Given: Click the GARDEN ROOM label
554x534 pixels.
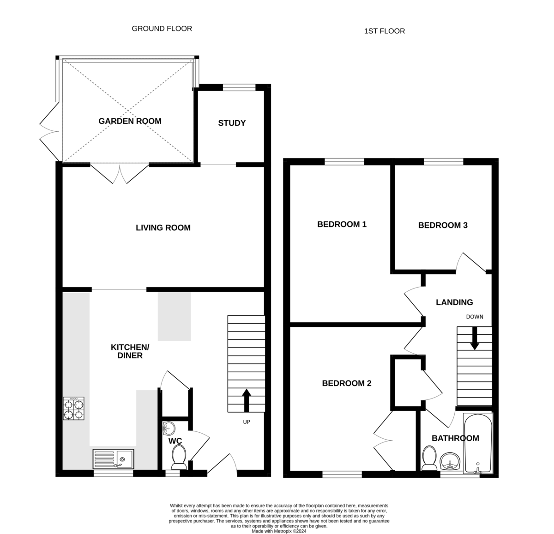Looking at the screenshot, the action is point(130,121).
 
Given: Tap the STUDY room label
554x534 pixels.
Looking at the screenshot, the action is point(232,123).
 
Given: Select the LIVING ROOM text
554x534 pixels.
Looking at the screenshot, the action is point(163,227).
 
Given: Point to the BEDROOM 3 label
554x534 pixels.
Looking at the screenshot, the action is point(443,225).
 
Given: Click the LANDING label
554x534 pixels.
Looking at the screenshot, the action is point(454,302).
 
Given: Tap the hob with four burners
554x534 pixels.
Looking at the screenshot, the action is point(74,408).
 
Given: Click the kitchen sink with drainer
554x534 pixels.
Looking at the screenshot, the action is point(113,459).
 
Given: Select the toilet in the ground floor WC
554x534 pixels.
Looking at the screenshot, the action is point(179,457).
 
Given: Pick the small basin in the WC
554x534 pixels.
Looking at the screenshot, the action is point(169,429).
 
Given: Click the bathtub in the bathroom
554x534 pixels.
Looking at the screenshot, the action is point(478,444).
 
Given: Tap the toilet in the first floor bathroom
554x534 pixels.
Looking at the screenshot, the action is point(429,458).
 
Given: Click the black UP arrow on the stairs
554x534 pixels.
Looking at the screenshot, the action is point(247,400).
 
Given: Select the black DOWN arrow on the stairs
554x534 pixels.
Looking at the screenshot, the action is point(475,338).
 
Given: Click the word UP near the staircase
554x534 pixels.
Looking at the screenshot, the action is point(247,422).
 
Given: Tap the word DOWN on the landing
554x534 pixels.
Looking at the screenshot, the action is point(475,317).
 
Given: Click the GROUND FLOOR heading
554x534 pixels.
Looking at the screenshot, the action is point(162,29).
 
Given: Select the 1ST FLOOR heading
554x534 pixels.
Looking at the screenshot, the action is point(384,31).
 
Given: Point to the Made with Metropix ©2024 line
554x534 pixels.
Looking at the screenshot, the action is point(279,531).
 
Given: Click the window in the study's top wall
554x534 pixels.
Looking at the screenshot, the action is point(239,87).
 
